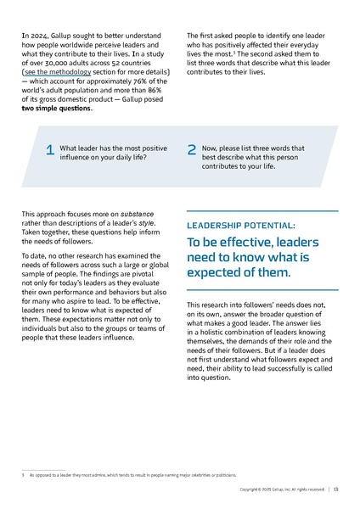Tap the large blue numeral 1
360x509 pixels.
click(x=50, y=150)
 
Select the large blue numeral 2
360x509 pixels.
click(x=191, y=150)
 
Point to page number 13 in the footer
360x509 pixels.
click(x=336, y=489)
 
